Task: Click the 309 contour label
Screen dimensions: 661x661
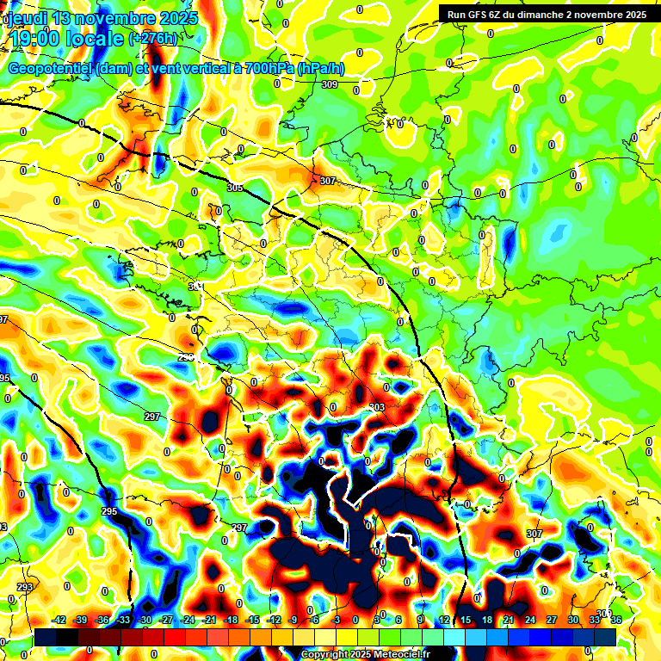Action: pyautogui.click(x=330, y=84)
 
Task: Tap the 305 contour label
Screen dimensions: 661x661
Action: pyautogui.click(x=235, y=188)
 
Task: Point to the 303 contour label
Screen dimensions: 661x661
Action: pyautogui.click(x=376, y=407)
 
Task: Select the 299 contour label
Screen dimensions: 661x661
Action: pyautogui.click(x=187, y=356)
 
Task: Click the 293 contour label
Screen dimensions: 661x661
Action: pyautogui.click(x=24, y=587)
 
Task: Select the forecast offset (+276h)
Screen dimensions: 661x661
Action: pyautogui.click(x=152, y=38)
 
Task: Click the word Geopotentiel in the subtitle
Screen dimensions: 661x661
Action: pyautogui.click(x=52, y=68)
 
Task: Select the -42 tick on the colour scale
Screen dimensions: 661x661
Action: pyautogui.click(x=59, y=620)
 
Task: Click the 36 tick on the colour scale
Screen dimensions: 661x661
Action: pyautogui.click(x=616, y=620)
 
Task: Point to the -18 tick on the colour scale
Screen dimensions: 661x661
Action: pyautogui.click(x=231, y=620)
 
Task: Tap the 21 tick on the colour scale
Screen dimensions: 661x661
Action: pyautogui.click(x=509, y=620)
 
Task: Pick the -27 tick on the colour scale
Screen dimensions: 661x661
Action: pyautogui.click(x=166, y=620)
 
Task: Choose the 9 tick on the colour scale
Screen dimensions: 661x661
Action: pyautogui.click(x=421, y=620)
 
